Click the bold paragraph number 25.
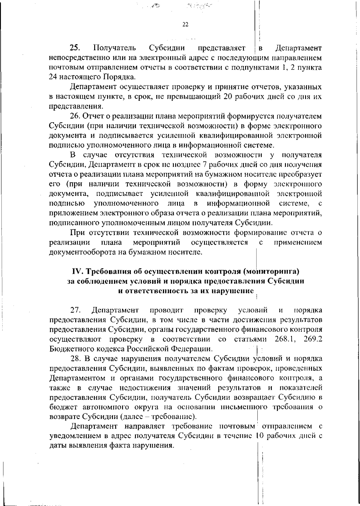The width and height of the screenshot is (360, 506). click(x=74, y=48)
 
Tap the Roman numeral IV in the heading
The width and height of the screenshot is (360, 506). click(x=78, y=271)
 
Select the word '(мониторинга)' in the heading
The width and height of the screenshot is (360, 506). click(x=272, y=271)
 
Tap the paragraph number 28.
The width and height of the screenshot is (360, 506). click(x=76, y=358)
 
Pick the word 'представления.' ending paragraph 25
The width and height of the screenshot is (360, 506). click(x=76, y=106)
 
